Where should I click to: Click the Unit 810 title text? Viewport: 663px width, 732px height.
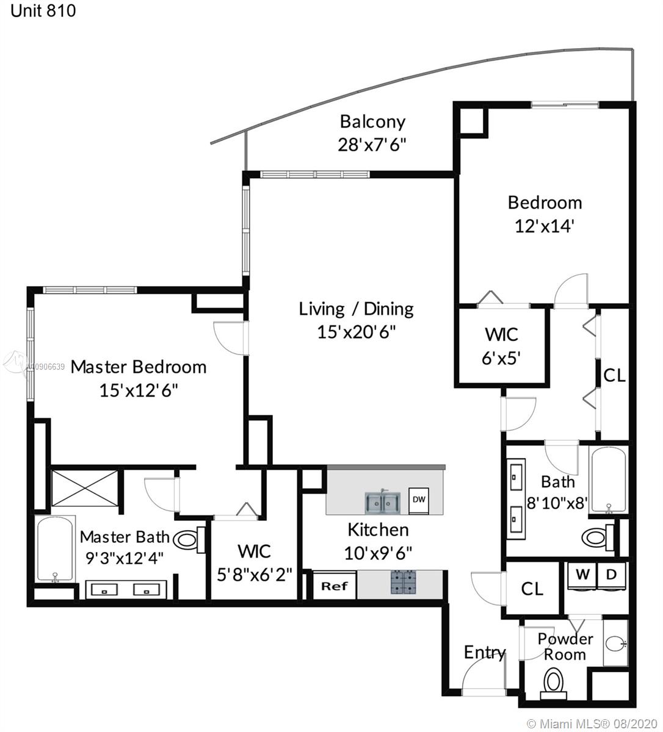[43, 10]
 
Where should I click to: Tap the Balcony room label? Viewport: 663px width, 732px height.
[372, 122]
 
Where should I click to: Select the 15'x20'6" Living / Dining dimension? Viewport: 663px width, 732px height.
[357, 332]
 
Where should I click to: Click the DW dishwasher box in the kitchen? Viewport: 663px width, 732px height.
[419, 500]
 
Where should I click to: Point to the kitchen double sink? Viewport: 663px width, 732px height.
[382, 502]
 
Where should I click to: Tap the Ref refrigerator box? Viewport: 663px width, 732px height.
[335, 587]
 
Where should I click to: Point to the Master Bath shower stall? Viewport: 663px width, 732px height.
[85, 488]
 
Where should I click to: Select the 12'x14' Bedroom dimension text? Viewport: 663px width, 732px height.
[545, 226]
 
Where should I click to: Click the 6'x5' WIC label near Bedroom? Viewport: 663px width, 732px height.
[501, 358]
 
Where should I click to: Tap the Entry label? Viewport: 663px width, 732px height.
[485, 651]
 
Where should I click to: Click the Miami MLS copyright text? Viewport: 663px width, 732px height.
[591, 723]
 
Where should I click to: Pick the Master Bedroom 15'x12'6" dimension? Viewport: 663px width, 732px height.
[139, 391]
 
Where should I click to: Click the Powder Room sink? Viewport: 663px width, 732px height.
[616, 643]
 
